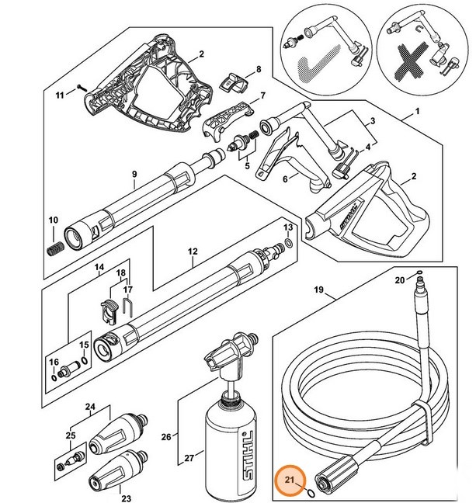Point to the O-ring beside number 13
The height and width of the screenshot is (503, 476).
tap(289, 243)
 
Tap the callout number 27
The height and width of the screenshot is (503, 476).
tap(188, 459)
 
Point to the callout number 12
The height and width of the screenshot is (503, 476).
tap(193, 251)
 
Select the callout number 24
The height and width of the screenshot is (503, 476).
tap(90, 407)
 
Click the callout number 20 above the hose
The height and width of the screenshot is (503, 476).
tap(399, 279)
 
